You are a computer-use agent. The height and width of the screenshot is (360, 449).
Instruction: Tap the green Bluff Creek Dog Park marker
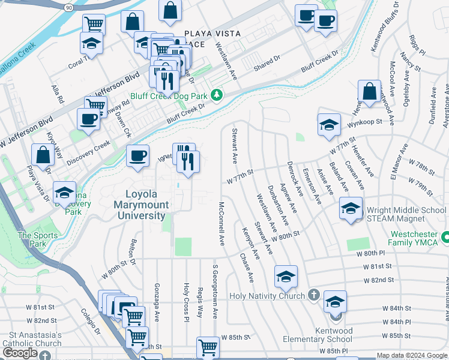(217, 95)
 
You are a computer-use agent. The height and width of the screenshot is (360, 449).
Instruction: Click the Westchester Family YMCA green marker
(445, 238)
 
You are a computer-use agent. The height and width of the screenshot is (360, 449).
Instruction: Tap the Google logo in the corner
(20, 353)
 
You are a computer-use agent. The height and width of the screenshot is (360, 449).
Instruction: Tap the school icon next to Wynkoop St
(329, 126)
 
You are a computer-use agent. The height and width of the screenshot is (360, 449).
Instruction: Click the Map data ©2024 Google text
(411, 355)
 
